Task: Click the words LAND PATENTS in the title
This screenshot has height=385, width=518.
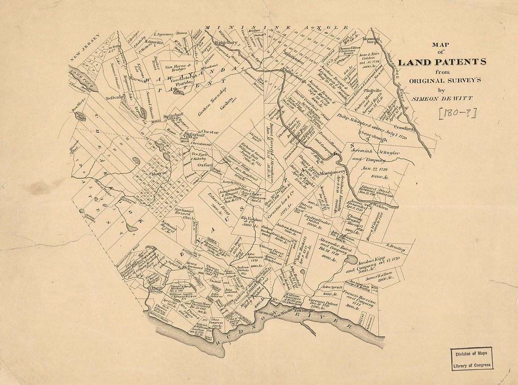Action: pos(442,62)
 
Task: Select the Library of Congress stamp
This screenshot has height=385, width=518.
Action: pos(472,359)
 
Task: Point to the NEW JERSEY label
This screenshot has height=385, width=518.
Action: pos(85,48)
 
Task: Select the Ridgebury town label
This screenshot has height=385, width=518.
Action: pos(227,42)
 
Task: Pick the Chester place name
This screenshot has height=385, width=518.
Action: pos(210,132)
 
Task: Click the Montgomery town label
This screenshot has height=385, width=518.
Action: pos(333,173)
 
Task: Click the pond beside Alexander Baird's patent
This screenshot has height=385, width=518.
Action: pos(351,259)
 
